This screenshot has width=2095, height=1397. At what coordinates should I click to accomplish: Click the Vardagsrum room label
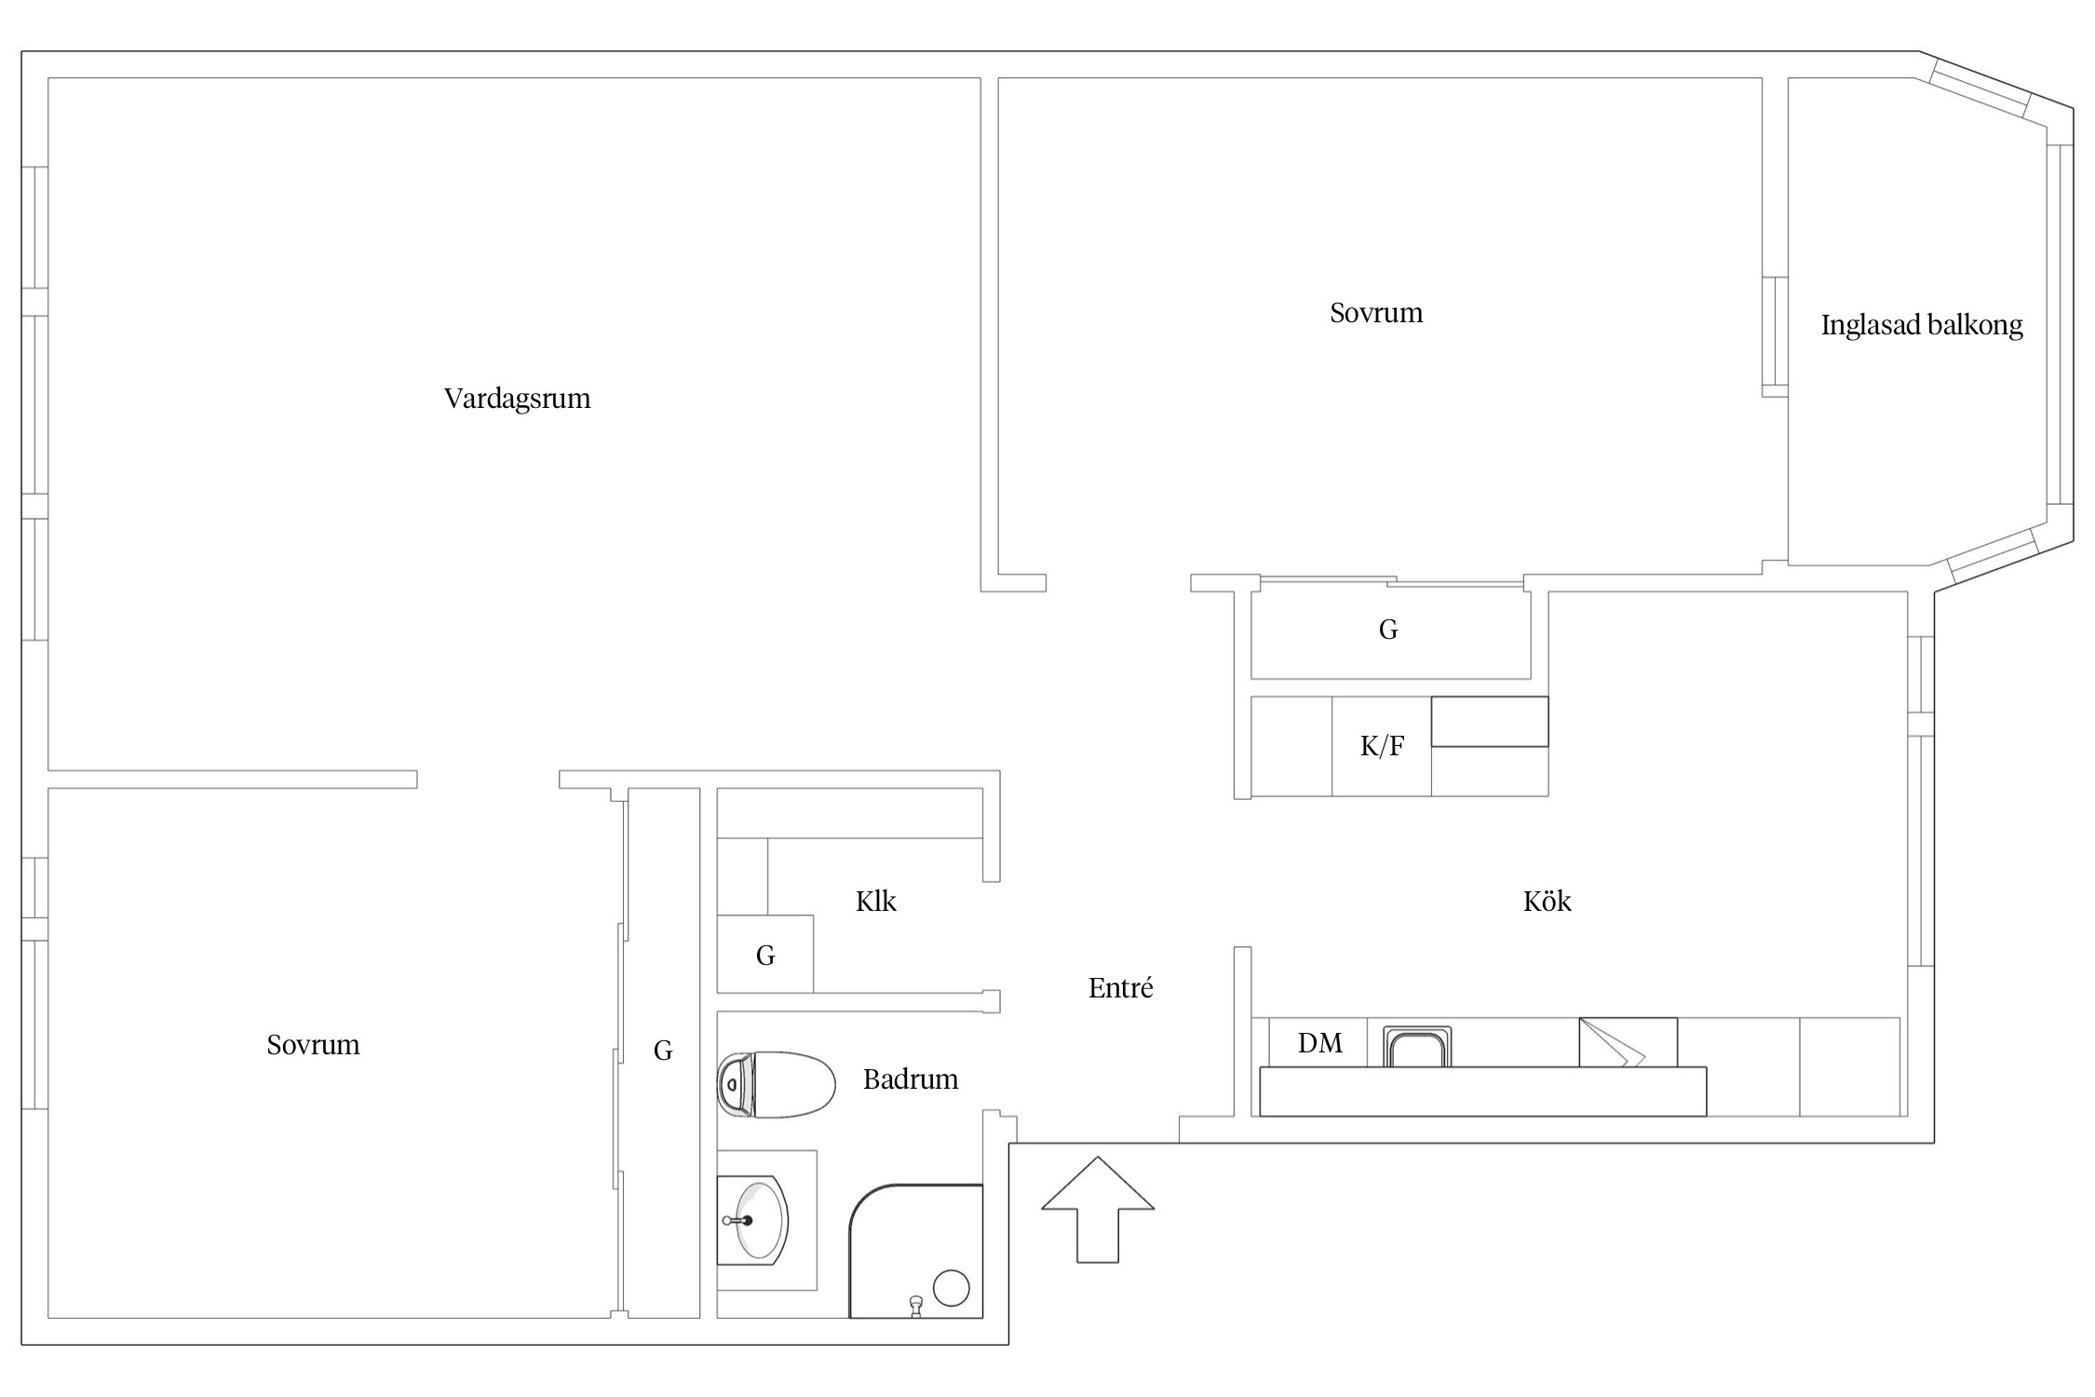[517, 399]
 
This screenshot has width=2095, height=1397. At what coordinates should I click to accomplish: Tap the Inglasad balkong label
[1922, 325]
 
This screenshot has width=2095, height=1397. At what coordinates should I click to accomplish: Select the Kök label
[1547, 901]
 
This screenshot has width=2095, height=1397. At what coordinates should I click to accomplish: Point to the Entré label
[1120, 987]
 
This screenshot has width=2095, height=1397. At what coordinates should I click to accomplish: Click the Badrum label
[910, 1078]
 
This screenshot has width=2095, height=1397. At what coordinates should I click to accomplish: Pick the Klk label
[875, 901]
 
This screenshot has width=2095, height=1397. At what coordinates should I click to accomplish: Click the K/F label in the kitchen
[1382, 746]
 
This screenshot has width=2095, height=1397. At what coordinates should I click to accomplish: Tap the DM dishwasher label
[1319, 1043]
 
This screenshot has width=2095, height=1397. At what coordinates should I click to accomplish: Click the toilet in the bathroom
[776, 1085]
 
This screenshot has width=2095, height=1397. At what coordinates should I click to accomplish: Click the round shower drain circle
[951, 1288]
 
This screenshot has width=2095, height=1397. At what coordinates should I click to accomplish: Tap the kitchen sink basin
[1416, 1047]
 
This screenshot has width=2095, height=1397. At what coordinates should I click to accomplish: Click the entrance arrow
[1098, 1210]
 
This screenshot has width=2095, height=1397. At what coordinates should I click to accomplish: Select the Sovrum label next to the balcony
[1376, 313]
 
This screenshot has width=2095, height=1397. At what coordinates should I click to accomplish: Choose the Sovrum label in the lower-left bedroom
[313, 1045]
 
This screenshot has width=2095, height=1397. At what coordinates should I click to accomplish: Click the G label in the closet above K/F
[1388, 630]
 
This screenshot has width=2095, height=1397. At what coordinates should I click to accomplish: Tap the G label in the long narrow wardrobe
[663, 1051]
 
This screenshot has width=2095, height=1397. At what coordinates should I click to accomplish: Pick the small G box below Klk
[764, 955]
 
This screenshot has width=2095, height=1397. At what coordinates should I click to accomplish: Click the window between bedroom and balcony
[1775, 337]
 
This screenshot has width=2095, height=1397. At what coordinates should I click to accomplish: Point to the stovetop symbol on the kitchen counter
[1628, 1042]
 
